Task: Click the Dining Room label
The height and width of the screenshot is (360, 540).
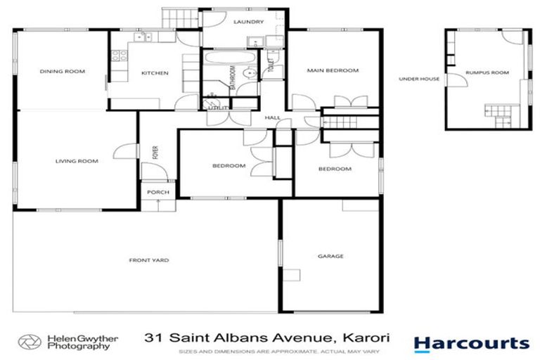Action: click(62, 71)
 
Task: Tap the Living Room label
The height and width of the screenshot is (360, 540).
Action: click(77, 161)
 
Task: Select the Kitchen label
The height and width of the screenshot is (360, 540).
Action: click(155, 72)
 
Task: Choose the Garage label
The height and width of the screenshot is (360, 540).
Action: click(330, 256)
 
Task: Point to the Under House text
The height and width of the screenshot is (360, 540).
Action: click(419, 79)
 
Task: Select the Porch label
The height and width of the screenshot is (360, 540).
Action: click(155, 191)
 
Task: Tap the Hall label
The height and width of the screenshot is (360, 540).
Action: click(272, 117)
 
